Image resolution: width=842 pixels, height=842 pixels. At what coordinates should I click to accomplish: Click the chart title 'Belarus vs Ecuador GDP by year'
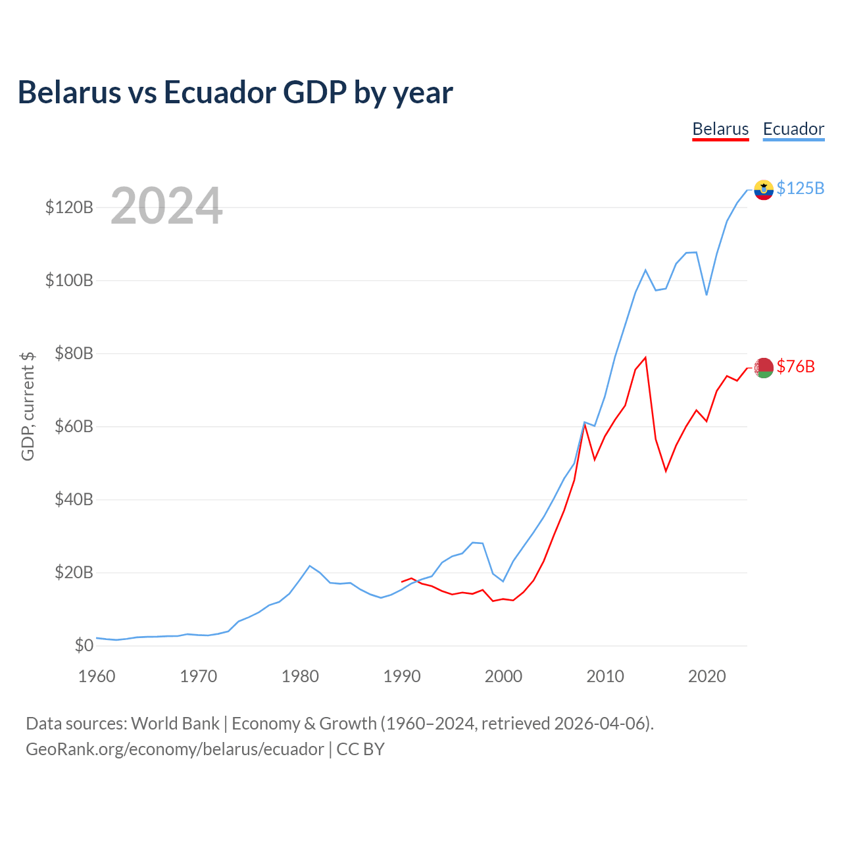tap(235, 93)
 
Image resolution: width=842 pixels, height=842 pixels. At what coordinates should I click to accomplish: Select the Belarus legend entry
tap(720, 129)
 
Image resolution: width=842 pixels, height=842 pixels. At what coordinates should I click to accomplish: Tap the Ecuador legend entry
tap(793, 129)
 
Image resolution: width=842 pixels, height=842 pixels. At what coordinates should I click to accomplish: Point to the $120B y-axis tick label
tap(69, 208)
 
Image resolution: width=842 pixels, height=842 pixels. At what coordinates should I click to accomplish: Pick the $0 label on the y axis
tap(84, 646)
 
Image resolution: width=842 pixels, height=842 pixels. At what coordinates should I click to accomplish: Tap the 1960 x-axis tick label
tap(97, 676)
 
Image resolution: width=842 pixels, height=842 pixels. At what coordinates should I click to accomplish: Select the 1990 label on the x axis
tap(402, 676)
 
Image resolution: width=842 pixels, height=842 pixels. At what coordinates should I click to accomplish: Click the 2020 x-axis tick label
tap(706, 676)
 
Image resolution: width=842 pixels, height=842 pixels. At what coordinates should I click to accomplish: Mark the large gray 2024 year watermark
tap(166, 207)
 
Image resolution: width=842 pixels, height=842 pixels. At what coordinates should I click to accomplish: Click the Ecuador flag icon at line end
tap(763, 189)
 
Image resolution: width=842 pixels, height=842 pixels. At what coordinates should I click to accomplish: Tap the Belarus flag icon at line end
tap(763, 368)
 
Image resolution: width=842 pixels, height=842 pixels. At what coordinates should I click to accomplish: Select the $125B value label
tap(800, 188)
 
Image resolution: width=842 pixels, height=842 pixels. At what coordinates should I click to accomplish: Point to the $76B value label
tap(795, 366)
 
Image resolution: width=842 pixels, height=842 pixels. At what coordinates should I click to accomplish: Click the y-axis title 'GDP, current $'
tap(28, 406)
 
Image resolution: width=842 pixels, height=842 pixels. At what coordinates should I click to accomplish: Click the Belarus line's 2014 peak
tap(646, 357)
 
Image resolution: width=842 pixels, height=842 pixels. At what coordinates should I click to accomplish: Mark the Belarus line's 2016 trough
tap(666, 471)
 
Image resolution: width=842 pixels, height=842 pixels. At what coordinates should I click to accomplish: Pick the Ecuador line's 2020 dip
tap(706, 295)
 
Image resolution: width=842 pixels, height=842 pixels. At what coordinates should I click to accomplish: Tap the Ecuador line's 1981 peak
tap(310, 566)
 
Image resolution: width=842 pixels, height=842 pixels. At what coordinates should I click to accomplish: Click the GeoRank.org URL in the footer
tap(174, 749)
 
